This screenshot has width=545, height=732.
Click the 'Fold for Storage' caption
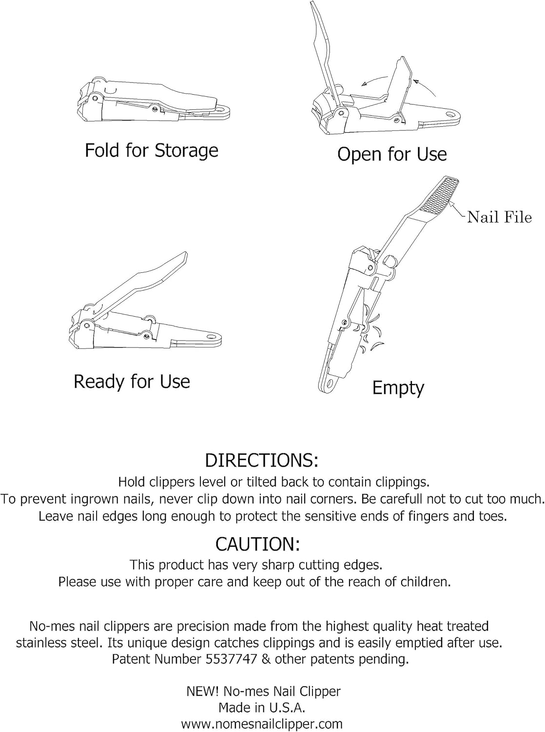151,150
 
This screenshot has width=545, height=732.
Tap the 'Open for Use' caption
392,154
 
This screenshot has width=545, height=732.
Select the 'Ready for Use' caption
132,382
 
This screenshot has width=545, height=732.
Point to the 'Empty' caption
398,388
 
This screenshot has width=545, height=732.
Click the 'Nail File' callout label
499,217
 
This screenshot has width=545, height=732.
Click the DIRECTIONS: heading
261,460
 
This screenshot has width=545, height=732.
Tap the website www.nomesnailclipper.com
261,724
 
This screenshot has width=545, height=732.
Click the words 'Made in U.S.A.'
262,708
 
